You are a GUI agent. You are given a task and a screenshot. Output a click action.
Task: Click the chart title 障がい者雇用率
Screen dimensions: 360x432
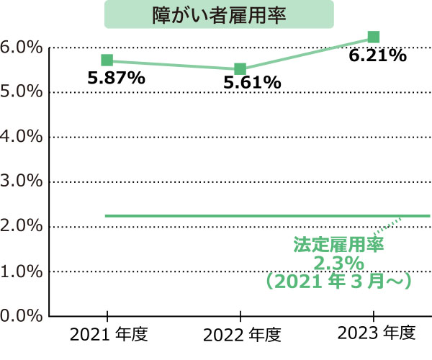coord(220,14)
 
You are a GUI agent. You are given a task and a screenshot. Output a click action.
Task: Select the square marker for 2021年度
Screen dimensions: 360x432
coord(107,60)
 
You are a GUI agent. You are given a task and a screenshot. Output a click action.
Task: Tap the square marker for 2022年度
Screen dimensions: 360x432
coord(240,69)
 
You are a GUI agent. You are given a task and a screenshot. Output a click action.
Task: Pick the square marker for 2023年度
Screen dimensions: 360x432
coord(374,37)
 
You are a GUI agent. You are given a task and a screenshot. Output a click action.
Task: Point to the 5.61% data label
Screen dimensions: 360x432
coord(251,84)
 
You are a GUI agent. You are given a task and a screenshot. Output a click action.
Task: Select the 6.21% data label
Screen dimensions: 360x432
coord(378,55)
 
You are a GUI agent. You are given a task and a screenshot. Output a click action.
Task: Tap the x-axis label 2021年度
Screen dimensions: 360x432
coord(109,335)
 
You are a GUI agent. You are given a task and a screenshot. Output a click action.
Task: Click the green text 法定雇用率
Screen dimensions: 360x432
coord(338,245)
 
